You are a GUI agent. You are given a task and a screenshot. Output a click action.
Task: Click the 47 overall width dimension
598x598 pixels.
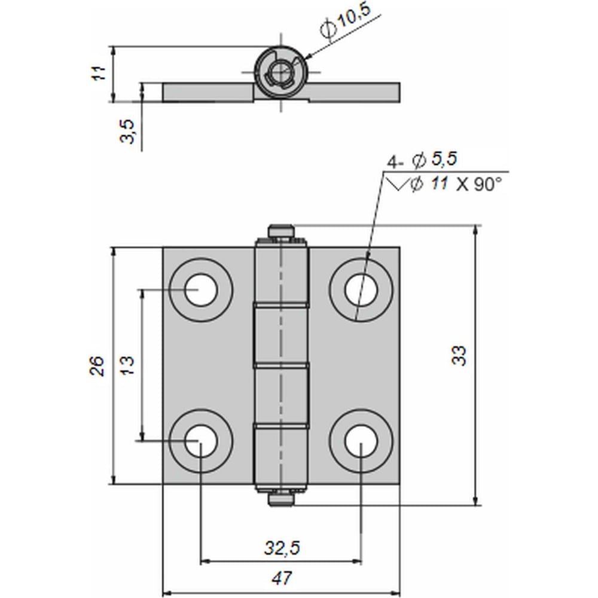coord(282,578)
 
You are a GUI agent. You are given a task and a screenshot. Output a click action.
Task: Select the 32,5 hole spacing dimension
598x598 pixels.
coord(282,548)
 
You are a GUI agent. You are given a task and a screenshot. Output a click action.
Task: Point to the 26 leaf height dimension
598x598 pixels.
coord(97,366)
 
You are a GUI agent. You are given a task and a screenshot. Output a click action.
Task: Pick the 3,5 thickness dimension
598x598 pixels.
coord(128,132)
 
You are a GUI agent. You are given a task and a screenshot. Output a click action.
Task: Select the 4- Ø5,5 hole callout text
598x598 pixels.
coord(422,160)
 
